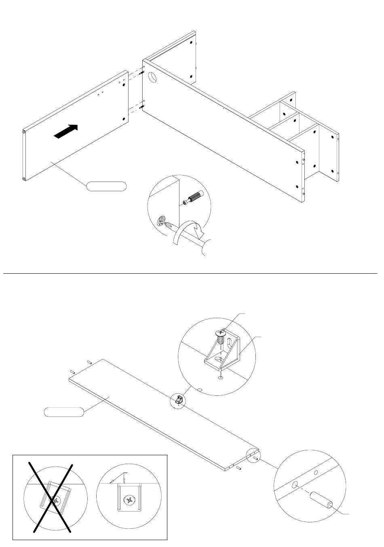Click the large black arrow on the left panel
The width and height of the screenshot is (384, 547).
(66, 132)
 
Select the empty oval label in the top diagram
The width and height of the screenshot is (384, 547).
(106, 186)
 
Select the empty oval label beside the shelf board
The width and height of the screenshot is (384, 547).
(64, 412)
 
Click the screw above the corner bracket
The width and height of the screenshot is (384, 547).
(220, 336)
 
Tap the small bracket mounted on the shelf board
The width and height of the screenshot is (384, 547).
(180, 400)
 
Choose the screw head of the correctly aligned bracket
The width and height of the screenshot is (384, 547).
(130, 500)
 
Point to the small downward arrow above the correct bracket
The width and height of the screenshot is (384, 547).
(124, 480)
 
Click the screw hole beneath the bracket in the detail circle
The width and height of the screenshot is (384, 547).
(220, 378)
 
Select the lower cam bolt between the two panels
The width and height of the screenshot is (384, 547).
(141, 107)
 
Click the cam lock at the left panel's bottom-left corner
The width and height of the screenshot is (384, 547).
(24, 178)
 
